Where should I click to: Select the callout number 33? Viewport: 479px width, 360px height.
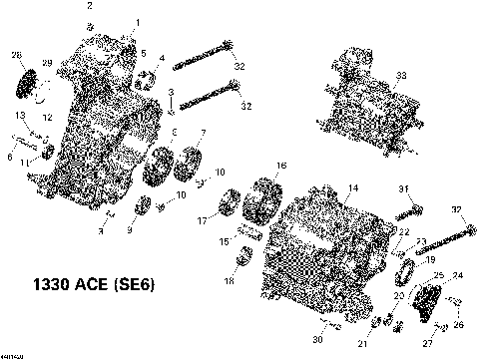[401, 77]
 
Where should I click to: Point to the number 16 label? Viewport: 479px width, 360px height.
[281, 165]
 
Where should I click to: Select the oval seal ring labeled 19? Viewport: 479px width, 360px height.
[406, 270]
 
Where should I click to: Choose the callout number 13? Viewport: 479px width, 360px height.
[19, 115]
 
